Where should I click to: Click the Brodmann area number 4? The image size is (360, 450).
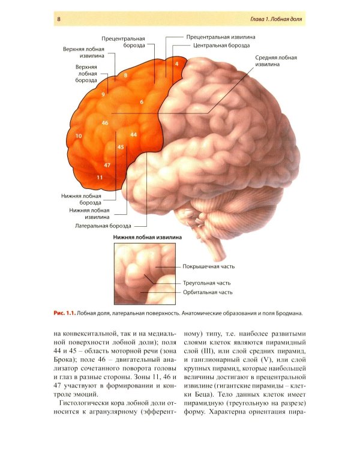(x=177, y=64)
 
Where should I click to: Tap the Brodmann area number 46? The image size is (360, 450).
(x=105, y=123)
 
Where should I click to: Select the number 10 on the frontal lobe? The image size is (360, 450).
(x=79, y=136)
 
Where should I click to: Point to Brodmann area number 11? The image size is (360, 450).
(x=100, y=178)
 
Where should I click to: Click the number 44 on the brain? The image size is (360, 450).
(x=133, y=134)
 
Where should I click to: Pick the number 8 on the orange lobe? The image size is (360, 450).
(x=125, y=76)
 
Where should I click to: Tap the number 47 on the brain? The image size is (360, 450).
(x=107, y=166)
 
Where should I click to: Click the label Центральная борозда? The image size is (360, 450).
(x=221, y=46)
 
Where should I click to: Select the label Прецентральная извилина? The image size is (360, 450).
(x=221, y=37)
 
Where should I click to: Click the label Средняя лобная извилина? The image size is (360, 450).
(x=276, y=61)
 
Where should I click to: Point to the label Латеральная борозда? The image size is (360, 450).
(x=103, y=226)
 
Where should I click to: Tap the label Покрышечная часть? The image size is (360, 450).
(x=209, y=266)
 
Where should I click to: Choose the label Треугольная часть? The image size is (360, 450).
(x=206, y=283)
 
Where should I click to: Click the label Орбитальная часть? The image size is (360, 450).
(x=208, y=292)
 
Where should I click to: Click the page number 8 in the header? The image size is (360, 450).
(x=59, y=19)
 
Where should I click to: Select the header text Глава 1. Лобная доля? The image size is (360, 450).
(x=276, y=19)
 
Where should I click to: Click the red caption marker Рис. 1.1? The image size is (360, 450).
(x=65, y=313)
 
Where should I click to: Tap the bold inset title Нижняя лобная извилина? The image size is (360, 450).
(x=147, y=238)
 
